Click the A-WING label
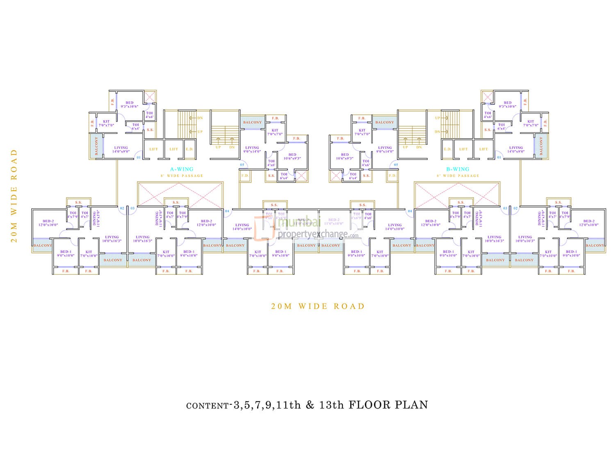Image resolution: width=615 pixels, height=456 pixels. click(182, 169)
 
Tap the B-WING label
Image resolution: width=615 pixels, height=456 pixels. click(458, 169)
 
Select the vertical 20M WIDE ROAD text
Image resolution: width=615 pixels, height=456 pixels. click(14, 196)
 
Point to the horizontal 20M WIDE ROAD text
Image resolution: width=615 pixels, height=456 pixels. click(318, 306)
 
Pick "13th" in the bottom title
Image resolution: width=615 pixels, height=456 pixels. click(330, 405)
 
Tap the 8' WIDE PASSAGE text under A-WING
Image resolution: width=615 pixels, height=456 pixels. click(182, 176)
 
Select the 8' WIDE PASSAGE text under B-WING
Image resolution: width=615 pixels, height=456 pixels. click(458, 176)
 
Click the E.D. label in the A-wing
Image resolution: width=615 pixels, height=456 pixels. click(189, 149)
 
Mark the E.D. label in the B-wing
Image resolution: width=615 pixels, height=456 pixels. click(447, 149)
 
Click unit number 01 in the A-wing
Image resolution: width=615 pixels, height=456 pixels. click(138, 157)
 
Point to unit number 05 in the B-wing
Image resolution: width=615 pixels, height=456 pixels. click(396, 165)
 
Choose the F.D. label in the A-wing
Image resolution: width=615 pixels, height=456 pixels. click(245, 176)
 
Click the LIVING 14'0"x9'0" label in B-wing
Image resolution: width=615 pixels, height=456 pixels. click(516, 150)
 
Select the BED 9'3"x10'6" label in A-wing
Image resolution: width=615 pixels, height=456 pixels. click(130, 105)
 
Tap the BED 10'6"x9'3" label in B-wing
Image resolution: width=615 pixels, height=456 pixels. click(345, 157)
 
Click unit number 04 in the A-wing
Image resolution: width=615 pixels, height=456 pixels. click(227, 211)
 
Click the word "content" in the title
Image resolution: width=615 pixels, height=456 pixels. click(207, 406)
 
